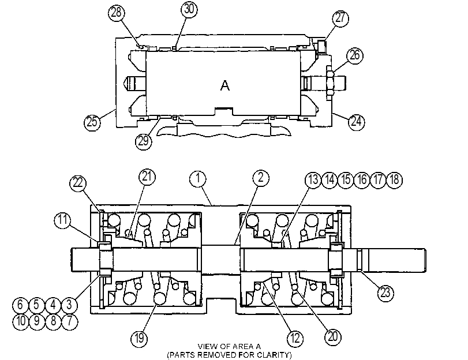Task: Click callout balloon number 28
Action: pos(116,13)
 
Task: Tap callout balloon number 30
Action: pos(189,9)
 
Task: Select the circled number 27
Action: pos(340,18)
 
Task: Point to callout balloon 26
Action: pos(355,55)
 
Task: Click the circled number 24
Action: pos(357,122)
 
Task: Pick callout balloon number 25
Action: pos(92,122)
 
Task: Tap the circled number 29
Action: pos(144,141)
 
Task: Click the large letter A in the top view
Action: pos(224,85)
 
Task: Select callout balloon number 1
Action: pos(198,179)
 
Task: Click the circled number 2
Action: pos(261,178)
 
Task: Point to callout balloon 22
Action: pos(78,183)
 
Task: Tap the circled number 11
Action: pos(63,220)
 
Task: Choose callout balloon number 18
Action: pos(394,180)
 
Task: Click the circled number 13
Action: pos(313,180)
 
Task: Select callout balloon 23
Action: pos(385,293)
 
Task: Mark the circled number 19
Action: pos(140,339)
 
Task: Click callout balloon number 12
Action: pos(295,339)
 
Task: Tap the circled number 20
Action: pos(333,337)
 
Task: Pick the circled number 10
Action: pos(21,321)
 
